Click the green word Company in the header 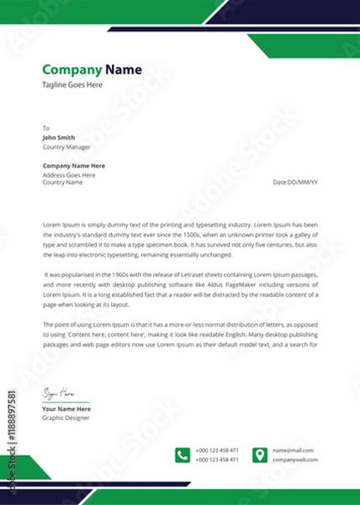click(71, 70)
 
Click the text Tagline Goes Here click(72, 85)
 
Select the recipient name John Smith click(59, 137)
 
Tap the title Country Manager click(66, 146)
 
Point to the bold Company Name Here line click(74, 166)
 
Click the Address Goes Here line click(69, 174)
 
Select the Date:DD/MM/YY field click(296, 182)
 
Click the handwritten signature click(59, 394)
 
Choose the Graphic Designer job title click(66, 417)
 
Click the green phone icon click(183, 455)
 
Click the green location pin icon click(260, 455)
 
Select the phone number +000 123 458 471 click(217, 450)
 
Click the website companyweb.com click(295, 460)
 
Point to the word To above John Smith click(46, 128)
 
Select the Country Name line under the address click(63, 182)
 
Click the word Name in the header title click(124, 70)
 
